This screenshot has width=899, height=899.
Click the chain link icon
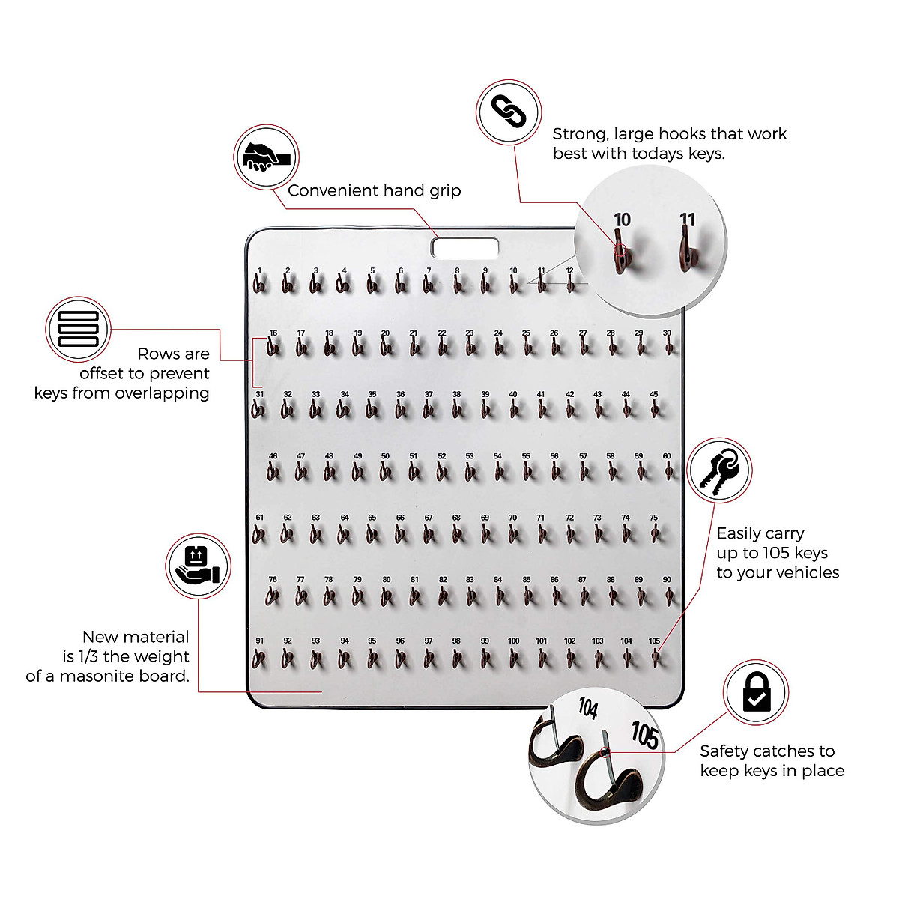509,112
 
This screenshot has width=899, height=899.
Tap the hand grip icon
266,157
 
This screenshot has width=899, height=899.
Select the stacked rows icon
79,329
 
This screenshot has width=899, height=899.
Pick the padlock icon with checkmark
756,693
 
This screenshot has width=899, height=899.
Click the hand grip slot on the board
464,247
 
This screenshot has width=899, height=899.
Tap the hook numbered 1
259,285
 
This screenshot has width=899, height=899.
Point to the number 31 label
260,394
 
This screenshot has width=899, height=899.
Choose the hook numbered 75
655,533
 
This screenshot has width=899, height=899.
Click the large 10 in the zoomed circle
622,220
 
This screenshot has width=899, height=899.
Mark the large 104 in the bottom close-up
588,707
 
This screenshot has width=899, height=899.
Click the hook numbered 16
273,347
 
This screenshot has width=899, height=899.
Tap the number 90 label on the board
667,580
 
